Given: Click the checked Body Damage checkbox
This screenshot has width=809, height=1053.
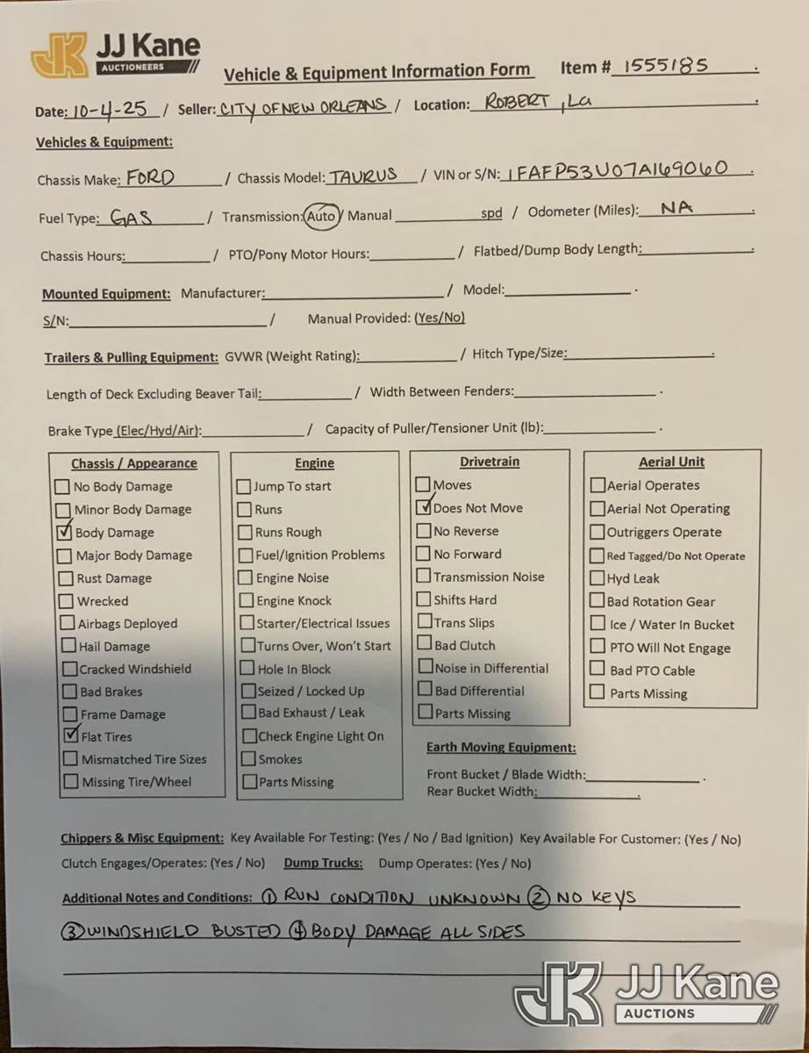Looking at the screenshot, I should pyautogui.click(x=64, y=533).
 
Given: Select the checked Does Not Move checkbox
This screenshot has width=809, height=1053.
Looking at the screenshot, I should pyautogui.click(x=424, y=507).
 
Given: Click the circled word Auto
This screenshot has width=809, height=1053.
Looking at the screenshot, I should pyautogui.click(x=322, y=216).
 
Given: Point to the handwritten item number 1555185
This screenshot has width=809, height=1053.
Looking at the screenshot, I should pyautogui.click(x=664, y=67).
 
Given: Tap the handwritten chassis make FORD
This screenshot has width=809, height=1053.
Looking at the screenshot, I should pyautogui.click(x=150, y=178).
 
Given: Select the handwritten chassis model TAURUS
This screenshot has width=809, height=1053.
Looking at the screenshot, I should pyautogui.click(x=363, y=175).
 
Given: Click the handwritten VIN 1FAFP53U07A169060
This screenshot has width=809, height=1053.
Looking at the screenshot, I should pyautogui.click(x=616, y=171).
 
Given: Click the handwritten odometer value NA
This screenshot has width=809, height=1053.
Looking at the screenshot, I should pyautogui.click(x=677, y=208).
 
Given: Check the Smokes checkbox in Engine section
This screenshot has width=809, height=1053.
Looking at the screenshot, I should pyautogui.click(x=248, y=759).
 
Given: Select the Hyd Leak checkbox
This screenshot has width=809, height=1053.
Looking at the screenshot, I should pyautogui.click(x=598, y=578).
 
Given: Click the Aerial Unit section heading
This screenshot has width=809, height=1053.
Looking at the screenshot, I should pyautogui.click(x=671, y=462).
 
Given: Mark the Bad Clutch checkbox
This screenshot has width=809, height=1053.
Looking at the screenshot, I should pyautogui.click(x=425, y=645).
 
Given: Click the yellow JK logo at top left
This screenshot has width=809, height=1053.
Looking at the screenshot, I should pyautogui.click(x=59, y=54).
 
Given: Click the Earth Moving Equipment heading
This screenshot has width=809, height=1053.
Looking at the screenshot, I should pyautogui.click(x=501, y=748).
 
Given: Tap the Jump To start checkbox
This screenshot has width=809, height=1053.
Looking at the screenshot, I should pyautogui.click(x=244, y=486).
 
